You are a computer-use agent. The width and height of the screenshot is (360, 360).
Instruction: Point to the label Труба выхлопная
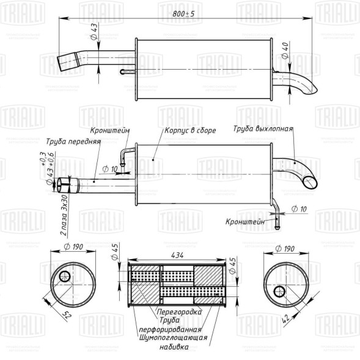pyautogui.click(x=263, y=129)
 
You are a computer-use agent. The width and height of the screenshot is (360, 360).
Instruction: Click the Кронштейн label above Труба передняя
pyautogui.click(x=108, y=130)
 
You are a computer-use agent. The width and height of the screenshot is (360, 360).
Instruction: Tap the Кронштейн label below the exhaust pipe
pyautogui.click(x=244, y=222)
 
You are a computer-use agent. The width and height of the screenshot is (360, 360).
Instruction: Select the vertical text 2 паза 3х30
pyautogui.click(x=64, y=218)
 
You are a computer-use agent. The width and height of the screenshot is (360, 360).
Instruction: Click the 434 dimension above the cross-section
pyautogui.click(x=178, y=254)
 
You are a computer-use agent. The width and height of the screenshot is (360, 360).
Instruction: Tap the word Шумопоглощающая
pyautogui.click(x=173, y=337)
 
